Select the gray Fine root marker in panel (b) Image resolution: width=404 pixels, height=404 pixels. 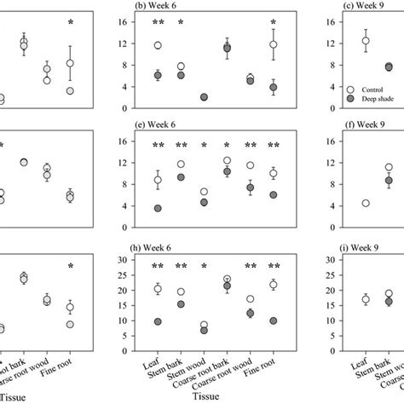pos(273,88)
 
